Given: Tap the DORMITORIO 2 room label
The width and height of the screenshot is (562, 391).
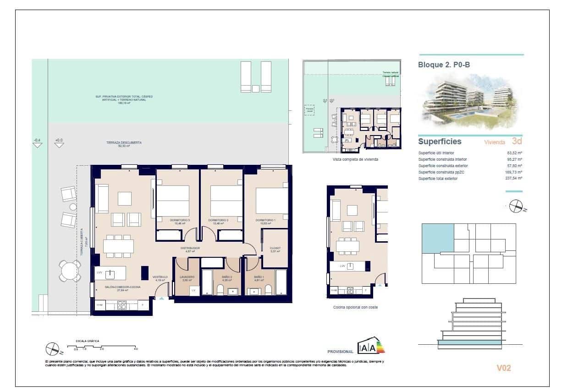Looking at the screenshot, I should coord(218,220).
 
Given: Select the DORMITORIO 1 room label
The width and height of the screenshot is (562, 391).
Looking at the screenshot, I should coord(266,220).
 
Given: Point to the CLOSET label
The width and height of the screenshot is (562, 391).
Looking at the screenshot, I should coord(275,248).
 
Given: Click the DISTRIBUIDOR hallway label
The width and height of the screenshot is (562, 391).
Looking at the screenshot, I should coord(190,248).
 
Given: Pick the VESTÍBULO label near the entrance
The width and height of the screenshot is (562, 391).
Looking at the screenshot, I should coord(160,277).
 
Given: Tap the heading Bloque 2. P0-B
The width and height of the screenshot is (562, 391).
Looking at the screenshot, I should coord(444,65).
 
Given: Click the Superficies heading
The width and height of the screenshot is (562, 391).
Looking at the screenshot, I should coord(440,141).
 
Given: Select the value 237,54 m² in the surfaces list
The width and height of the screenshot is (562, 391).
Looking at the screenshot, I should coord(514,179).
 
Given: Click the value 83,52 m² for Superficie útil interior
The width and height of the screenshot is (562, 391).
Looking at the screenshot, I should coord(515,153).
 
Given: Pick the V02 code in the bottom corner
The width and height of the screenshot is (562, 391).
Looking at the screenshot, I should coord(503,368).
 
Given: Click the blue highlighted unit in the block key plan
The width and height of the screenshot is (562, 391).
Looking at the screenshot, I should coord(437,239).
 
